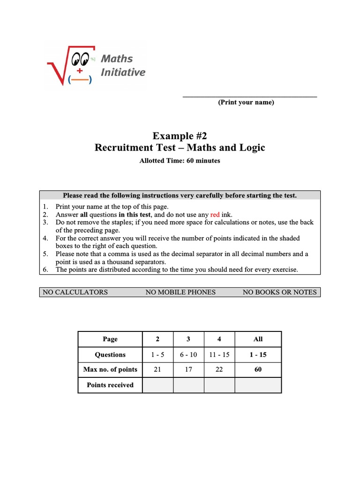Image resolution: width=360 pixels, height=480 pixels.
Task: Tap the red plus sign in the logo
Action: point(80,71)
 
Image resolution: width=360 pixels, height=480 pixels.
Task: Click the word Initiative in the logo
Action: point(123,72)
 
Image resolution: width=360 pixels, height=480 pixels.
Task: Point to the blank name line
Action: point(249,96)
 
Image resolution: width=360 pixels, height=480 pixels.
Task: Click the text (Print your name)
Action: point(246,103)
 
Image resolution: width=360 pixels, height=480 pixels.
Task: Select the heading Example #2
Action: point(180,136)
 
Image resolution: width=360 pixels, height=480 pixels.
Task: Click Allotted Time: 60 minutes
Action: point(180,161)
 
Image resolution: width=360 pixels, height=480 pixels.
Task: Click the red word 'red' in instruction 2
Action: point(215,215)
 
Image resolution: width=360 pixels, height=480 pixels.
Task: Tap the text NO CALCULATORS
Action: point(75,292)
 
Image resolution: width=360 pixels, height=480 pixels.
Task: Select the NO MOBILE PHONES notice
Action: point(180,292)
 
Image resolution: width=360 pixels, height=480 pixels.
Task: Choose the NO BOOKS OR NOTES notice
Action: point(279,292)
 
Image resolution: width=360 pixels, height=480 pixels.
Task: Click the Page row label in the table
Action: point(110,339)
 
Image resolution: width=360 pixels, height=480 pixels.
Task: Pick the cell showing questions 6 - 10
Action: point(188,355)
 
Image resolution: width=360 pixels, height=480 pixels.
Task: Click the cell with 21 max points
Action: point(157,370)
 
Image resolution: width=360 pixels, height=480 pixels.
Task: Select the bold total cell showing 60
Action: point(258,370)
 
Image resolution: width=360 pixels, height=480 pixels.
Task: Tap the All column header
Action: point(258,339)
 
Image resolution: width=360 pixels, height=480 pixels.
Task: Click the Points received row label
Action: point(110,385)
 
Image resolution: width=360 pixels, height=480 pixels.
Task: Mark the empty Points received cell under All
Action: point(258,385)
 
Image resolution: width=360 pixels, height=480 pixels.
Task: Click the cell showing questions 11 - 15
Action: point(219,355)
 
